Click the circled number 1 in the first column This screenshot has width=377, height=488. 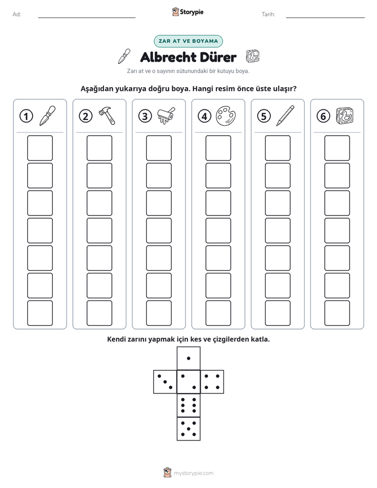click(26, 116)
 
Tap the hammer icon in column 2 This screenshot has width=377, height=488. click(107, 116)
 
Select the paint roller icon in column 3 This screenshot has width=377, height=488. click(166, 116)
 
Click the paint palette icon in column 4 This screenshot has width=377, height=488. click(226, 116)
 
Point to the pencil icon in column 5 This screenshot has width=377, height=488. click(285, 116)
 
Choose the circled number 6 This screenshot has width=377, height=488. click(323, 116)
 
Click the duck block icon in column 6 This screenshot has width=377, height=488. click(345, 116)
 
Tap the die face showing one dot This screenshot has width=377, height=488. click(188, 359)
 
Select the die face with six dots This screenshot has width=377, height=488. click(188, 405)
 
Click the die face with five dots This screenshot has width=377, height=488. click(188, 428)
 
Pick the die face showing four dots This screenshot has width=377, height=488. click(212, 382)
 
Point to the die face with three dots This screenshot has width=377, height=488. click(165, 382)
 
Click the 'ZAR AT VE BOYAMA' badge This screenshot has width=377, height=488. click(188, 41)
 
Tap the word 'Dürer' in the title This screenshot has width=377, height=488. click(218, 57)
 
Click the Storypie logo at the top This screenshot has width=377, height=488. click(187, 12)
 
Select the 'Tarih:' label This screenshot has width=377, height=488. click(268, 14)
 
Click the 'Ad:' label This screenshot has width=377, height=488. click(17, 14)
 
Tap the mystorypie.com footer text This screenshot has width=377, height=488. click(193, 473)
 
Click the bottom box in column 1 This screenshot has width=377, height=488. click(40, 313)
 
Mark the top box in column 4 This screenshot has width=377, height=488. click(218, 148)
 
